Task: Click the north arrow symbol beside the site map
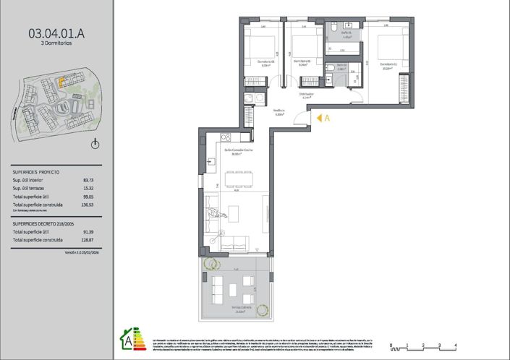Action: point(95,144)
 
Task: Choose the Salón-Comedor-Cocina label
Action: point(237,150)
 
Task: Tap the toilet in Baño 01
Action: point(336,27)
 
